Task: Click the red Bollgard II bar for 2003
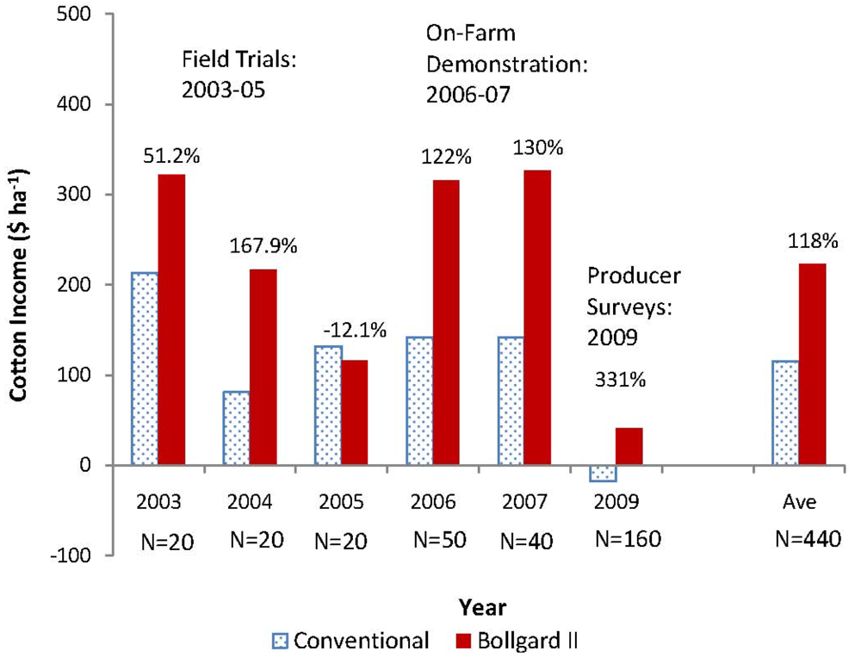pyautogui.click(x=170, y=319)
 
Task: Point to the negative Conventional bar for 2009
pyautogui.click(x=603, y=473)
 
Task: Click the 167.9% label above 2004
pyautogui.click(x=263, y=246)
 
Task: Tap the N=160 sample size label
pyautogui.click(x=628, y=540)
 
